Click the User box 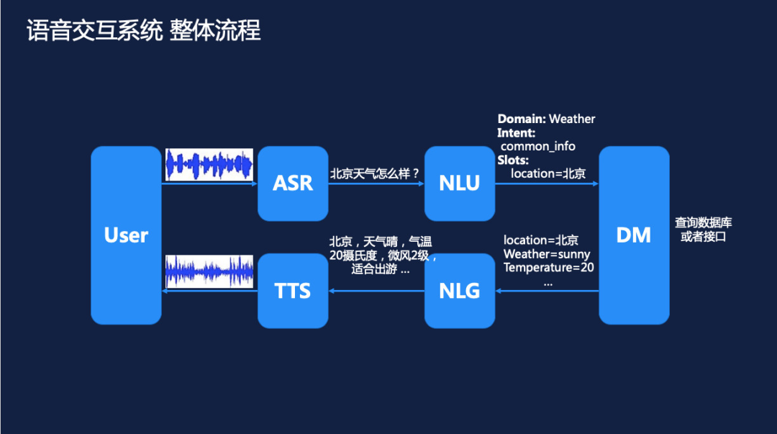coord(126,235)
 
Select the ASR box coord(293,184)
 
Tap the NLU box coord(459,184)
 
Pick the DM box coord(634,235)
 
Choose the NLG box coord(459,291)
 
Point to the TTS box coord(293,291)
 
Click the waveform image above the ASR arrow coord(209,165)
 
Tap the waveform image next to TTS coord(209,272)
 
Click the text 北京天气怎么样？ coord(374,173)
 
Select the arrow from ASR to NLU coord(376,184)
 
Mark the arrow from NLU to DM coord(547,184)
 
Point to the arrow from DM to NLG coord(547,291)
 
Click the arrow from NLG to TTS coord(376,291)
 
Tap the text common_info coord(538,146)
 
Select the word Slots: coord(513,160)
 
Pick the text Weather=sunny coord(547,254)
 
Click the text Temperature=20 coord(548,268)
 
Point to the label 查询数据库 coord(703,223)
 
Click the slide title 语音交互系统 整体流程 coord(144,31)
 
